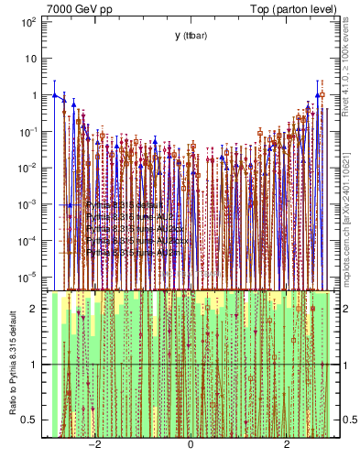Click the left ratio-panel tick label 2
[34, 309]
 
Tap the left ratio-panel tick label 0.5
[30, 420]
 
